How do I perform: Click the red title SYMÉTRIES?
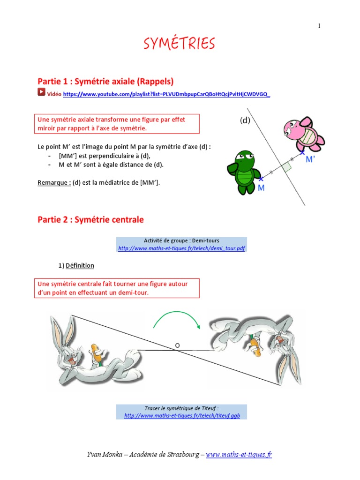[180, 44]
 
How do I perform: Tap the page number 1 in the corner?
[319, 26]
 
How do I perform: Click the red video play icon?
[41, 93]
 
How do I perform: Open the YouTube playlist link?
[166, 94]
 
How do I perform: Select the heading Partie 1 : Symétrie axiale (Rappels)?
[105, 82]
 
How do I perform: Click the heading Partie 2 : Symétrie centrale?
[90, 219]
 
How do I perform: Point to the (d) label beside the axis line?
[245, 120]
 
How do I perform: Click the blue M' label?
[311, 159]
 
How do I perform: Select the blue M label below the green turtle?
[261, 187]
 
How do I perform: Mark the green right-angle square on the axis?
[286, 165]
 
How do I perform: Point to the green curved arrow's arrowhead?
[199, 326]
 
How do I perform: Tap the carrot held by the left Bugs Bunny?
[97, 352]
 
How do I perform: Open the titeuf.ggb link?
[182, 416]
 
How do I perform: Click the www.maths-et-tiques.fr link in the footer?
[239, 454]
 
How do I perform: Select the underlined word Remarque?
[54, 183]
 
